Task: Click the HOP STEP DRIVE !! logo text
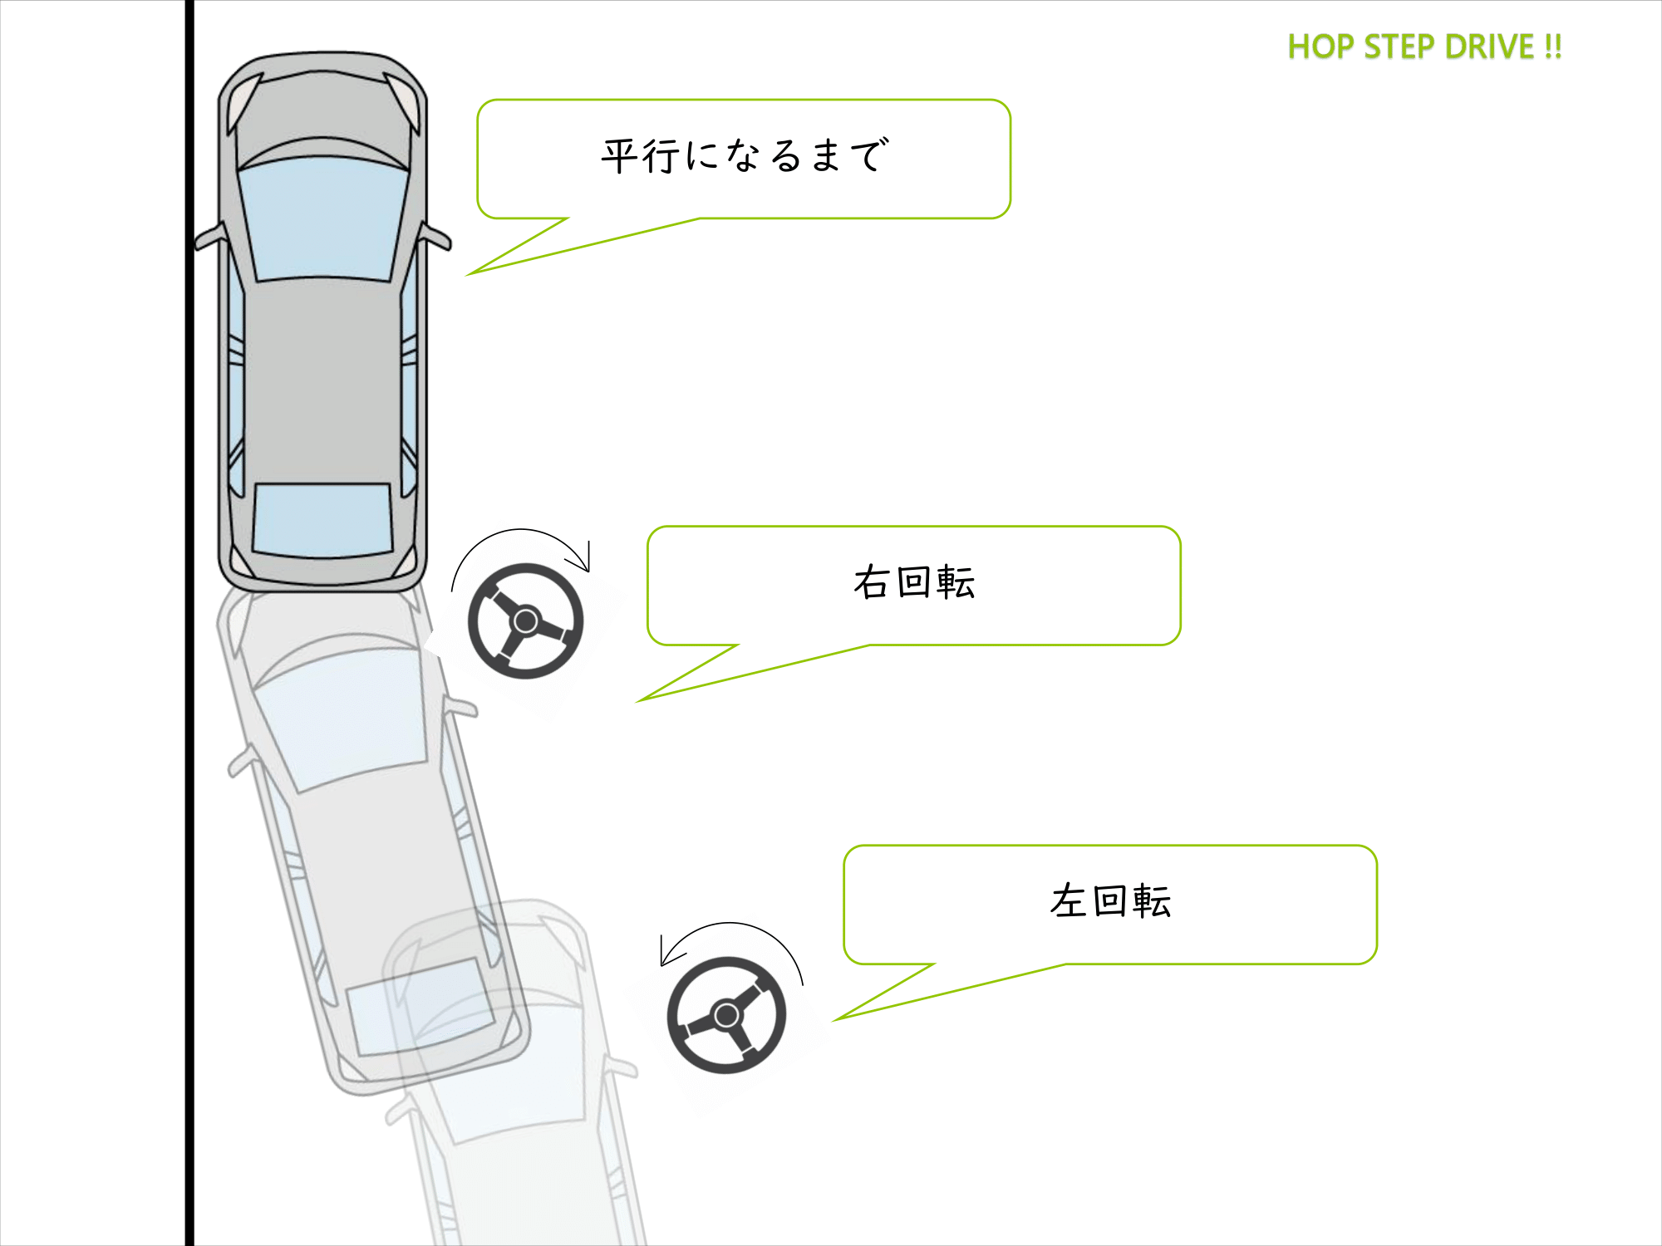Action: click(x=1424, y=47)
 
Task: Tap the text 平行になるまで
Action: click(x=745, y=156)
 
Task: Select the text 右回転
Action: click(x=914, y=582)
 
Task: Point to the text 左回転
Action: click(x=1110, y=901)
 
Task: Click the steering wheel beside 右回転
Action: click(x=526, y=621)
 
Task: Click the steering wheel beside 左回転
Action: click(x=726, y=1014)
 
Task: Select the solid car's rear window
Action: click(x=322, y=520)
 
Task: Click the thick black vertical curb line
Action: click(x=189, y=748)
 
